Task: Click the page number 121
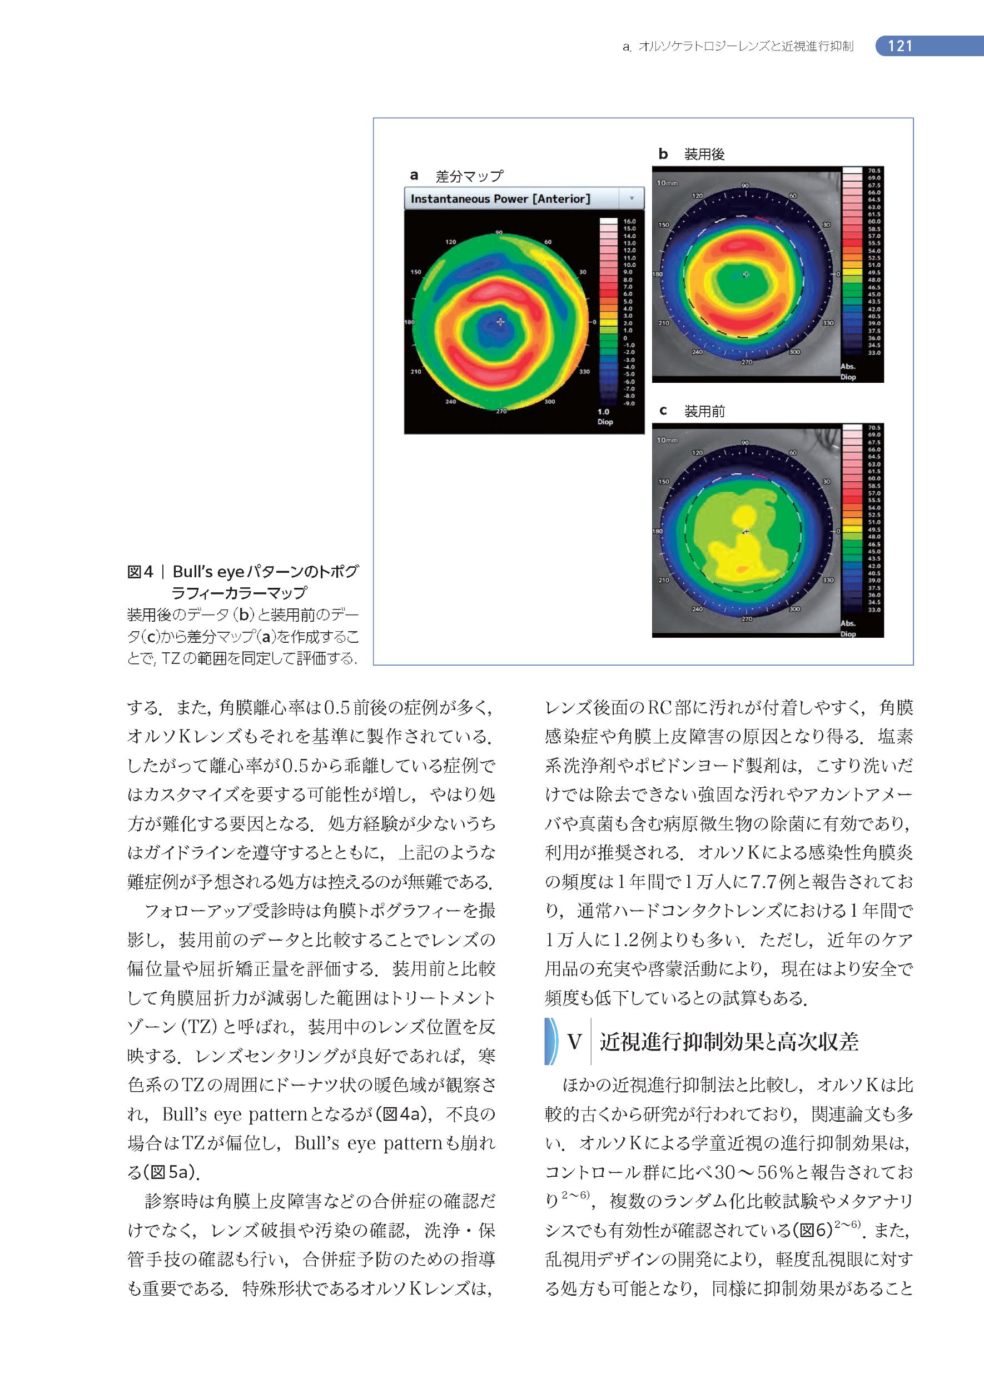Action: pyautogui.click(x=900, y=47)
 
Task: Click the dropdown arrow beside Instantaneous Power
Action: pyautogui.click(x=632, y=198)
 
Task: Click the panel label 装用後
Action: pyautogui.click(x=704, y=154)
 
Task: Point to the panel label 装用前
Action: pyautogui.click(x=704, y=412)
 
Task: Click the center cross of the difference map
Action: pyautogui.click(x=500, y=322)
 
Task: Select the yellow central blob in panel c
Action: pyautogui.click(x=743, y=521)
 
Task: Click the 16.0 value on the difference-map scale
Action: pyautogui.click(x=629, y=222)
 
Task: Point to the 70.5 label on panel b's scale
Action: pyautogui.click(x=874, y=171)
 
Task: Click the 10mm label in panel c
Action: pyautogui.click(x=667, y=440)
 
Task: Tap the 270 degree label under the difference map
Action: pyautogui.click(x=501, y=411)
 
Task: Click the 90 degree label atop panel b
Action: pyautogui.click(x=746, y=185)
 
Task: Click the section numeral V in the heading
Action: pyautogui.click(x=574, y=1042)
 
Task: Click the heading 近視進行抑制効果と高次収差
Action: pyautogui.click(x=728, y=1042)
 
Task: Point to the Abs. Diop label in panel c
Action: pyautogui.click(x=848, y=629)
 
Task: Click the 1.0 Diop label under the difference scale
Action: pyautogui.click(x=605, y=417)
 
